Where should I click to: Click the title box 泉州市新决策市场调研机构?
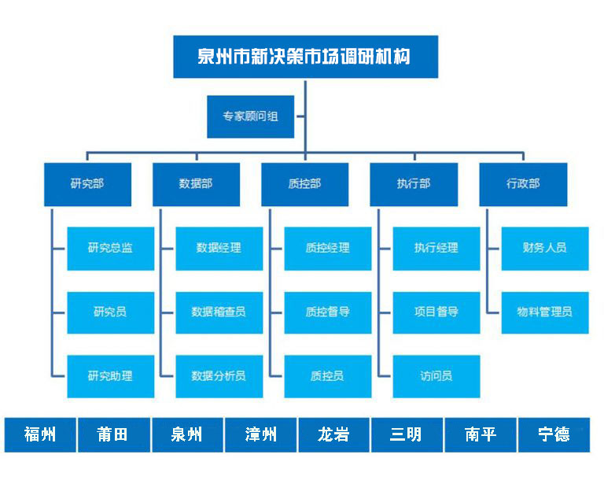305,57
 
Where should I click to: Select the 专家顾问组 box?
250,116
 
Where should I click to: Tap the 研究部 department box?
87,184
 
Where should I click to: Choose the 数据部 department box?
196,184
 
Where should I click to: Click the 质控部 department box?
304,184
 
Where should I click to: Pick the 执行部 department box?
414,184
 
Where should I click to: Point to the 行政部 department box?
523,184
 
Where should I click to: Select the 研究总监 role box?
111,248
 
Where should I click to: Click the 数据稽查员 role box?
219,312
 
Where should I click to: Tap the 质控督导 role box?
328,312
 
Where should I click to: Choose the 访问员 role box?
436,376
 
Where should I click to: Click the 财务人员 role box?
545,248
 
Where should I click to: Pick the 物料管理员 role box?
545,312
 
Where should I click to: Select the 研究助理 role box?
111,376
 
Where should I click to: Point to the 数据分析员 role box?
219,376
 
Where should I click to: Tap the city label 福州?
40,435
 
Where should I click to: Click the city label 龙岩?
333,435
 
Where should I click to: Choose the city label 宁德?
554,435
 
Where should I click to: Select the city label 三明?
407,435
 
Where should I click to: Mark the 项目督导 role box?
436,312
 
